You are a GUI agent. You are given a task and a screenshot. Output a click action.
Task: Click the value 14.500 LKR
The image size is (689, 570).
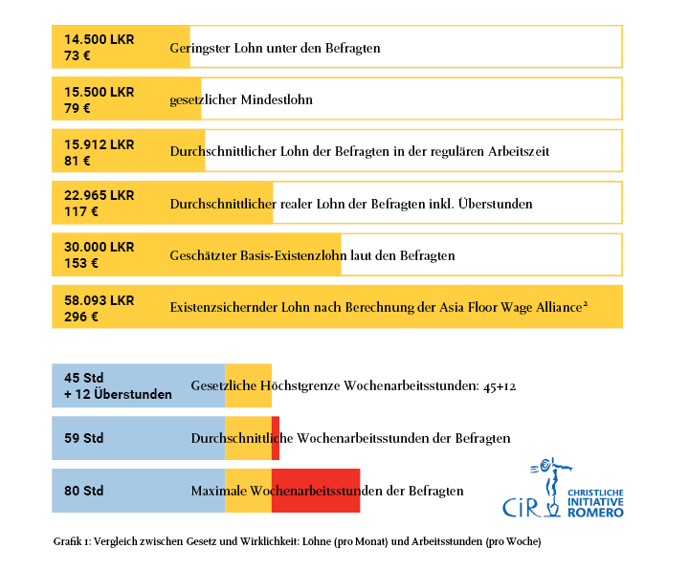coord(99,39)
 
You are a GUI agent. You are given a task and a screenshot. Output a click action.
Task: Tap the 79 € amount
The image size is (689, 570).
coord(76,107)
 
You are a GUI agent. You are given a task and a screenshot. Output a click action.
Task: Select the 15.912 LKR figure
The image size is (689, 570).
coord(99,144)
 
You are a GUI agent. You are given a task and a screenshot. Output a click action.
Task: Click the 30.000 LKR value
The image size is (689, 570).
coord(100,247)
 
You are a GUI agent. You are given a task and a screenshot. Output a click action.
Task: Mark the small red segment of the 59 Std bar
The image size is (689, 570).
coord(276,438)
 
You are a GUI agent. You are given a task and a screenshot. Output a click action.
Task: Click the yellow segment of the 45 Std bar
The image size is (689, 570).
coord(248,385)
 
